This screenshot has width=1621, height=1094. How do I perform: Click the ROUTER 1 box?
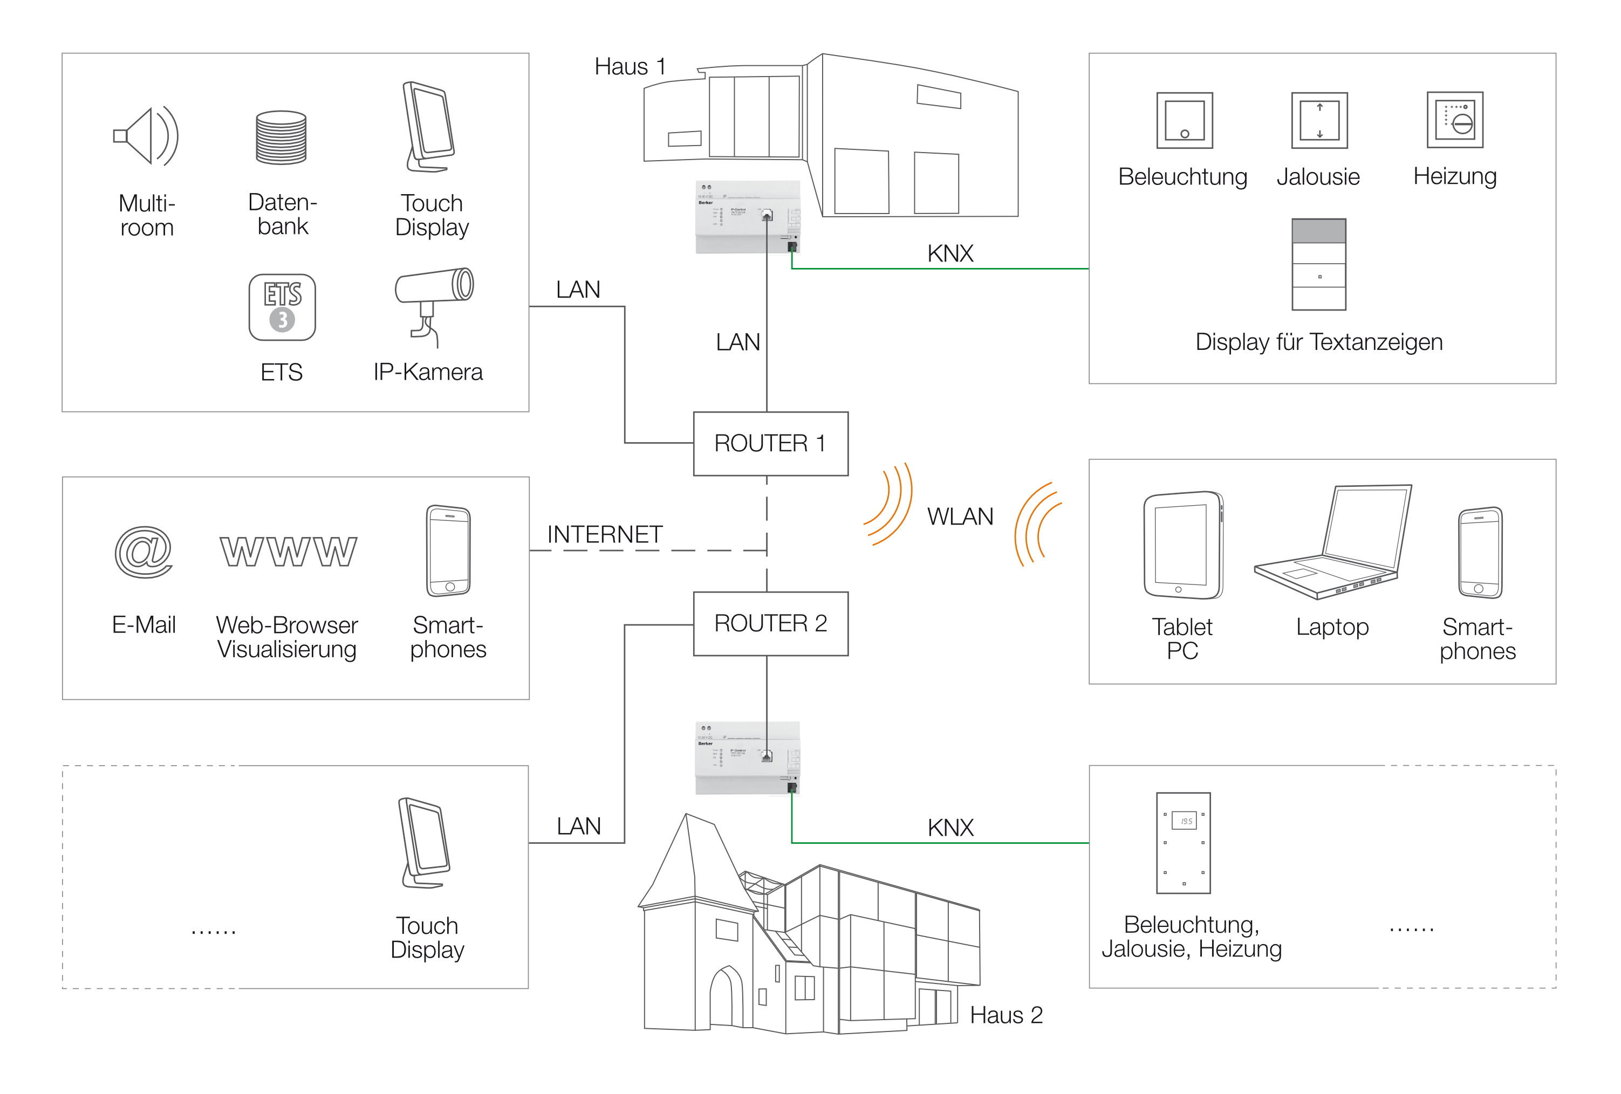pos(770,443)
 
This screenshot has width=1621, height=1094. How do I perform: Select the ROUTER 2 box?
pos(770,623)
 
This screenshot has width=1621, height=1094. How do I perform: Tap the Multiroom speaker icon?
pos(146,136)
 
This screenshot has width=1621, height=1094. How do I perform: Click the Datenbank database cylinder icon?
pos(281,137)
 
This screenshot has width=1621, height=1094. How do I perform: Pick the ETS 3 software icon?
pos(282,307)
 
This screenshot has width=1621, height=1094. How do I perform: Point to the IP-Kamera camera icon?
pos(433,304)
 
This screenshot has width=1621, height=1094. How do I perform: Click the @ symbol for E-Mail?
pos(143,552)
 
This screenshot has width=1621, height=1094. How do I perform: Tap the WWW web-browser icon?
pos(288,552)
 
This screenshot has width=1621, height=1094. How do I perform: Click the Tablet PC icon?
pos(1182,545)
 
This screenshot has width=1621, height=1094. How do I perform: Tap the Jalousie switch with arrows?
pos(1319,120)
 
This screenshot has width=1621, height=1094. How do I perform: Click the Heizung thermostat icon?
pos(1454,119)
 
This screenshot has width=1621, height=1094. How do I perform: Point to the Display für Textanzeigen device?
pos(1318,264)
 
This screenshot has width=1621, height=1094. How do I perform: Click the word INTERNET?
pos(604,535)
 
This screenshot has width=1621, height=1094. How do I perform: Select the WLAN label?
pos(960,517)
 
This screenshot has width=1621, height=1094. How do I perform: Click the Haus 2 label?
pos(1006,1015)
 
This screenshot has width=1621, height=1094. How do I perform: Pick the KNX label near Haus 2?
pos(950,828)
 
